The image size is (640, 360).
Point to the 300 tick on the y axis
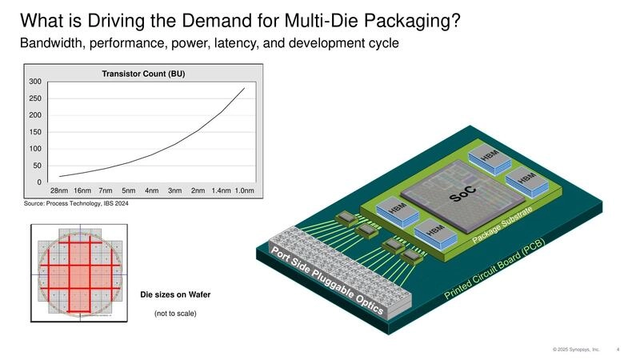[x=34, y=82]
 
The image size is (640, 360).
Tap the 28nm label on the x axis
[x=59, y=191]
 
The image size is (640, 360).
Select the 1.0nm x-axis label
[x=244, y=191]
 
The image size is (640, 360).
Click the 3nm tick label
[x=174, y=191]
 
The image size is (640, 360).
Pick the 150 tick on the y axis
[x=34, y=132]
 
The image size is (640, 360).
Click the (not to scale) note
[x=174, y=313]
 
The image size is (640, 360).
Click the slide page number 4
[x=618, y=350]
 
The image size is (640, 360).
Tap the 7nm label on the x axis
[x=105, y=191]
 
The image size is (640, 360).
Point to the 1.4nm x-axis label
[x=221, y=191]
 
